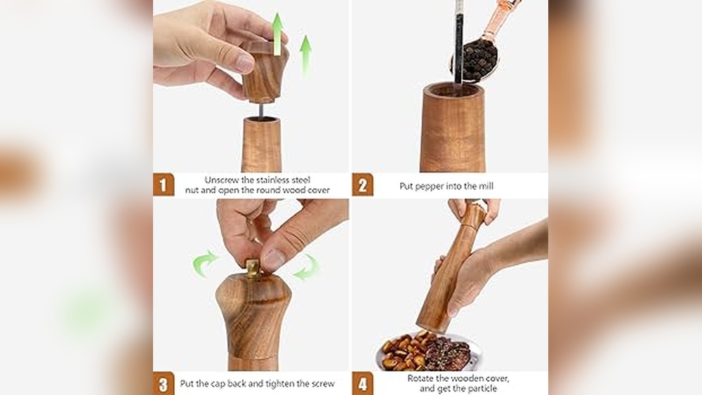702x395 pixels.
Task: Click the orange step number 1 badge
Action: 164,185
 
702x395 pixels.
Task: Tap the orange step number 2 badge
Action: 362,185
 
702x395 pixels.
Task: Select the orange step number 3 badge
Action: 164,384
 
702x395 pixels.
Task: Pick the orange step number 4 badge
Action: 362,384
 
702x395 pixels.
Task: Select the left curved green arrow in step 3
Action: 204,265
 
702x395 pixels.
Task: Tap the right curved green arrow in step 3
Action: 306,267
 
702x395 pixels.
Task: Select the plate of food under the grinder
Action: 428,351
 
